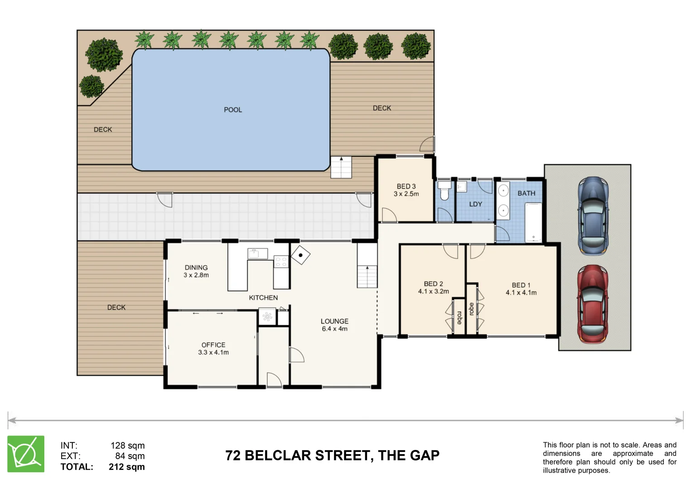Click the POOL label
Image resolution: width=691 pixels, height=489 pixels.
(233, 110)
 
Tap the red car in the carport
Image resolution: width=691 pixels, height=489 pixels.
(593, 304)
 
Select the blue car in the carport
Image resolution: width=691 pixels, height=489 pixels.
(593, 216)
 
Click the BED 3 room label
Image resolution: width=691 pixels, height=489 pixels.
(406, 187)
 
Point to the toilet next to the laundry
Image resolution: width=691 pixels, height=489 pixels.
(444, 190)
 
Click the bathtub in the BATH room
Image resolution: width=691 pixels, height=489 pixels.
(534, 222)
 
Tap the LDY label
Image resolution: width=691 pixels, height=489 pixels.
(475, 204)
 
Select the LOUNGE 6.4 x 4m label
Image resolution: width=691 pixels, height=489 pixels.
(334, 325)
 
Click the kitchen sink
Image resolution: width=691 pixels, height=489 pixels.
(257, 254)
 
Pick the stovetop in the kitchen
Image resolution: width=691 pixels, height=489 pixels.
(281, 262)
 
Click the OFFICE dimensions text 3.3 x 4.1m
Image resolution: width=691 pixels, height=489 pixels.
(213, 352)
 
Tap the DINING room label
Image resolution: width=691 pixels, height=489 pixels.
(196, 268)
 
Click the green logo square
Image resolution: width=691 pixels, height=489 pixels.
(26, 454)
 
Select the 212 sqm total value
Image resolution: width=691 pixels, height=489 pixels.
(126, 466)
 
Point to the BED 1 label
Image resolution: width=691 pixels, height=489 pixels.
(521, 285)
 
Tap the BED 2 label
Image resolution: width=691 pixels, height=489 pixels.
(434, 284)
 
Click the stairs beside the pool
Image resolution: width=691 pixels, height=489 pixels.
(341, 167)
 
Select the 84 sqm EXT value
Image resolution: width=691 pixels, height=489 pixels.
(129, 456)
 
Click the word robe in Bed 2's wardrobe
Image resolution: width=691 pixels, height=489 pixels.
(459, 318)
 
